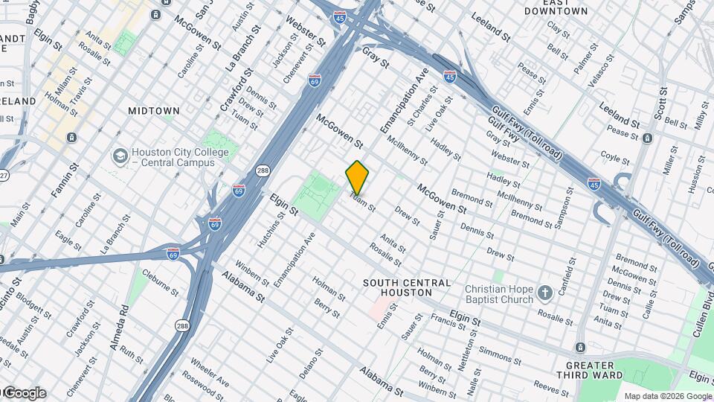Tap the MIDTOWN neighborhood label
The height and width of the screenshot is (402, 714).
[x=154, y=111]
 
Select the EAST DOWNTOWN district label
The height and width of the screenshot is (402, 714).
[x=556, y=7]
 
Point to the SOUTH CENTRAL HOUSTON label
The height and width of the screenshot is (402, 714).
[x=407, y=288]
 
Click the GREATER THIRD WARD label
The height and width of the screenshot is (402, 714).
[x=600, y=371]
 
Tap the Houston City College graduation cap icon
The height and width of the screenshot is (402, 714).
[x=119, y=156]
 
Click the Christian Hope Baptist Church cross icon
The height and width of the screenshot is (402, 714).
[x=544, y=293]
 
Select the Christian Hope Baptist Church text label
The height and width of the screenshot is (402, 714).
[x=499, y=294]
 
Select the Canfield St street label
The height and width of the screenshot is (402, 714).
[x=571, y=276]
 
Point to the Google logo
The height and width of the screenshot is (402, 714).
[x=24, y=393]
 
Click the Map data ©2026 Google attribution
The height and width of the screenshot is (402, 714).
[x=667, y=396]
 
